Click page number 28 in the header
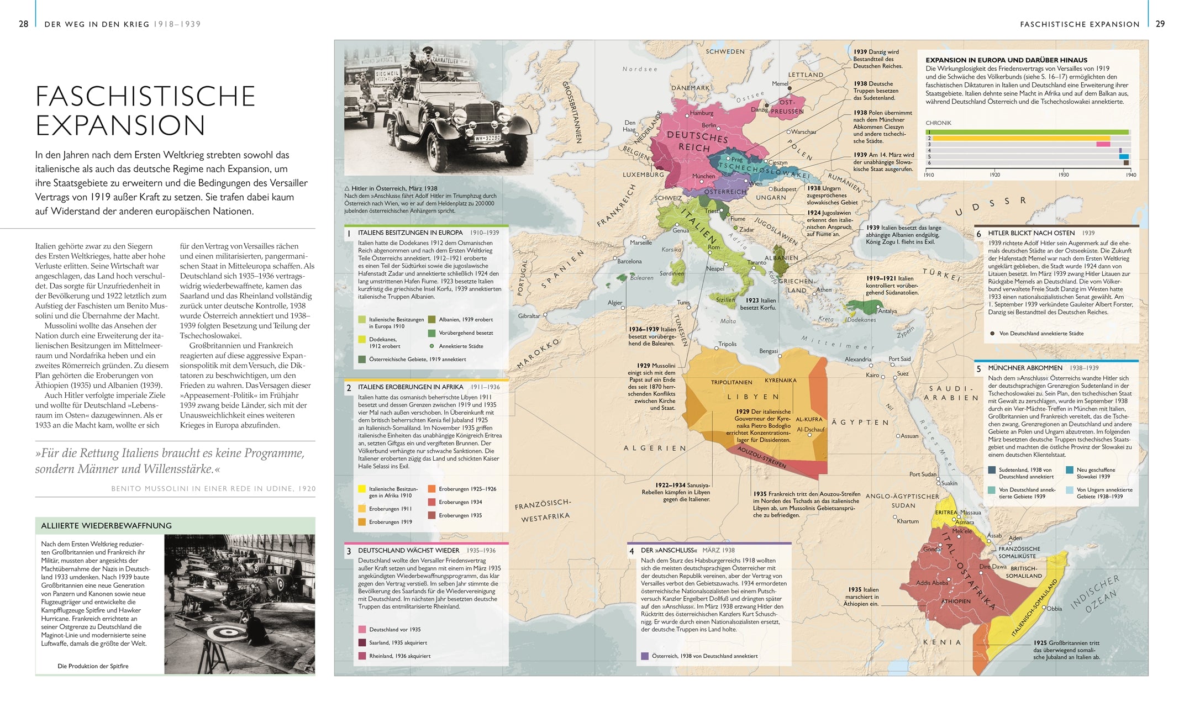(x=23, y=24)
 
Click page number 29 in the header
(x=1160, y=24)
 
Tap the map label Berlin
(x=709, y=125)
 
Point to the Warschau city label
(x=803, y=132)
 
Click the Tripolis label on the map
(x=727, y=344)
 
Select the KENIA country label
(x=943, y=642)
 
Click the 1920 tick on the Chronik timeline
(x=994, y=175)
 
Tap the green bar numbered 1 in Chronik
(x=1028, y=132)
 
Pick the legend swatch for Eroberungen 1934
(x=431, y=502)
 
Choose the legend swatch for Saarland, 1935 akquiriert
(x=362, y=642)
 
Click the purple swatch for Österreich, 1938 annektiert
(x=644, y=656)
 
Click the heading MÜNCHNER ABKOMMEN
(x=1025, y=368)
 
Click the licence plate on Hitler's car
(x=487, y=138)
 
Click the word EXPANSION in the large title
(x=120, y=125)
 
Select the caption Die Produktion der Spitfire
(x=93, y=666)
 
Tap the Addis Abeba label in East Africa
(x=932, y=583)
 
